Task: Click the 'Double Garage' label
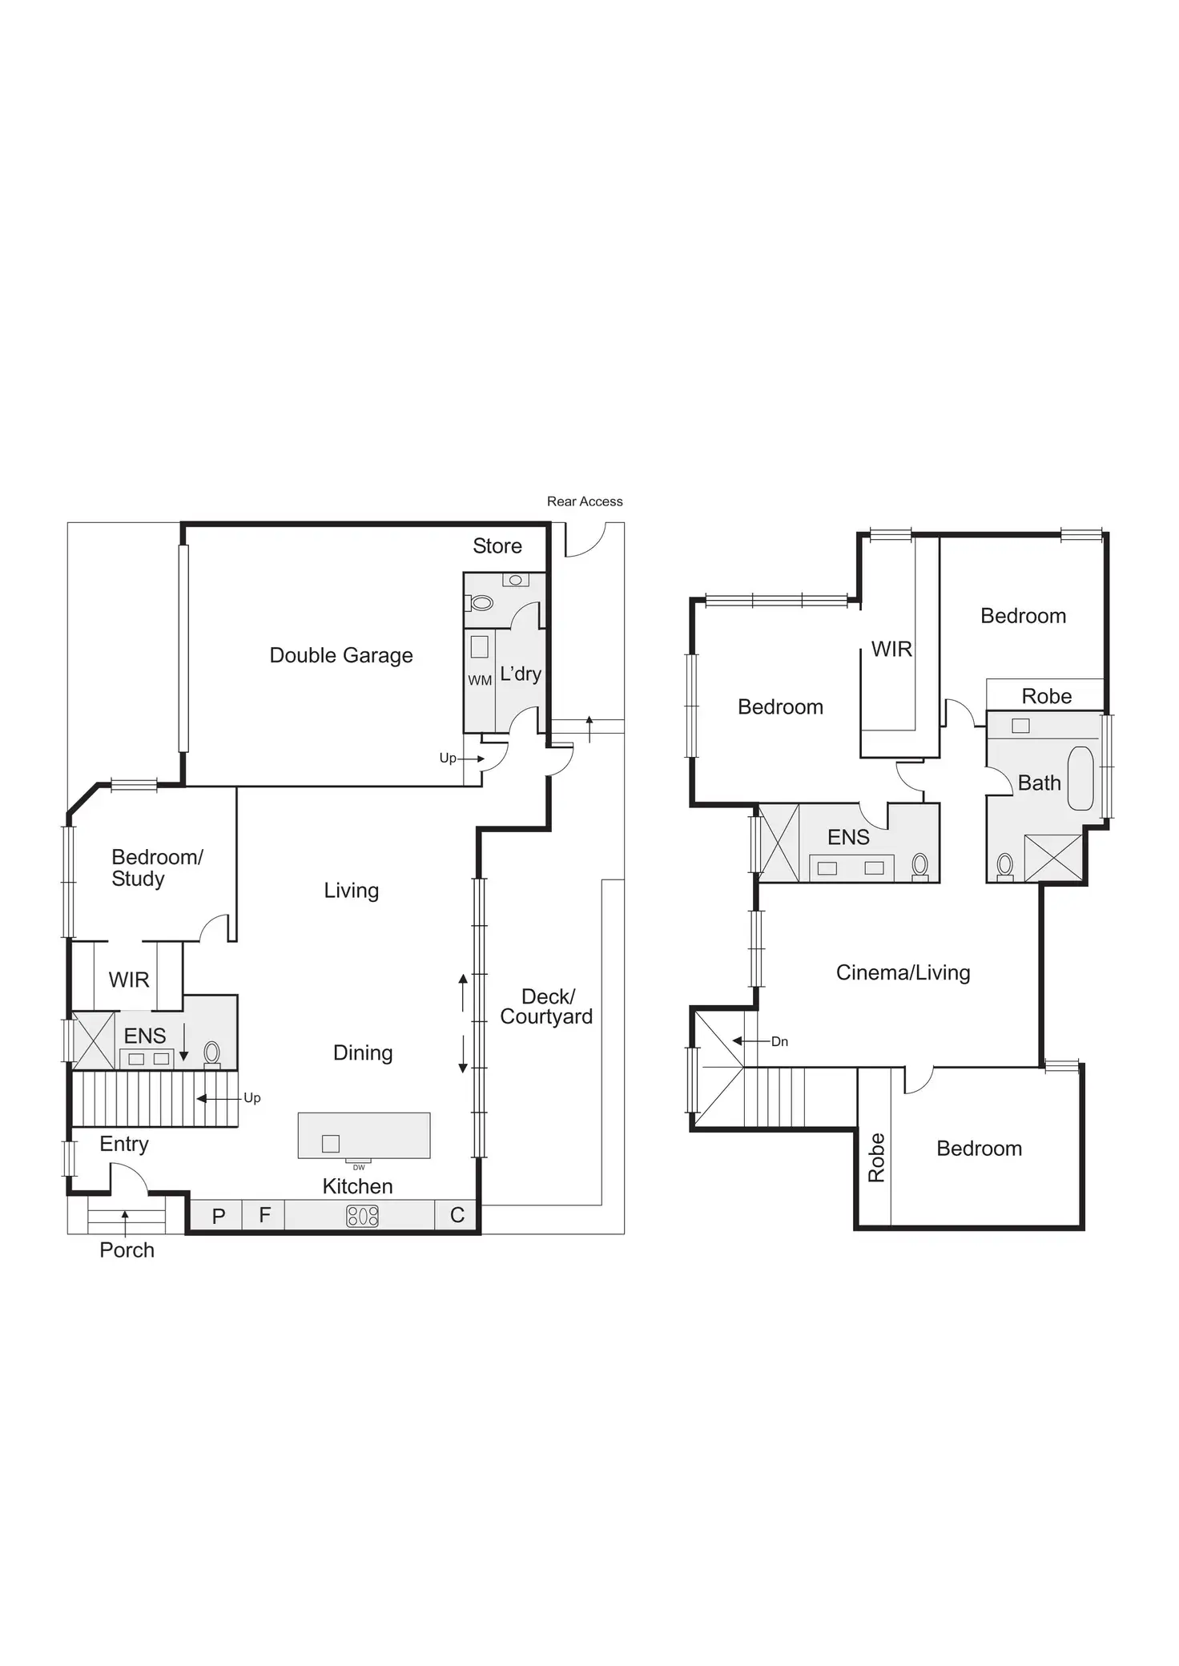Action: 341,655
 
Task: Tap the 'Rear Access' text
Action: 585,501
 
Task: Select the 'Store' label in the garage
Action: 497,545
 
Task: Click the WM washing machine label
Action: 480,680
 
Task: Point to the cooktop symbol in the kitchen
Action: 362,1216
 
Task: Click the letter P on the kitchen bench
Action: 219,1217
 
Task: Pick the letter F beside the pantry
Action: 265,1215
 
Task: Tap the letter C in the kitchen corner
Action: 457,1215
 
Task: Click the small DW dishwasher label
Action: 359,1168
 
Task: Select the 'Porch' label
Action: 127,1249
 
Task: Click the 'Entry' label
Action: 124,1144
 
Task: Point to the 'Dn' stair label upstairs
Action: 779,1041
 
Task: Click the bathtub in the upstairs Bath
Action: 1080,778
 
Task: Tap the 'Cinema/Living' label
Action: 903,972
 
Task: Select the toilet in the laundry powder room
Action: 481,602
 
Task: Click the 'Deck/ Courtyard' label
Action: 547,1006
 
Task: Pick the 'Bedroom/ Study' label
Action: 157,867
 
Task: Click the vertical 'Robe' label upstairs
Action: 877,1157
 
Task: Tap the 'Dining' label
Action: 363,1052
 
